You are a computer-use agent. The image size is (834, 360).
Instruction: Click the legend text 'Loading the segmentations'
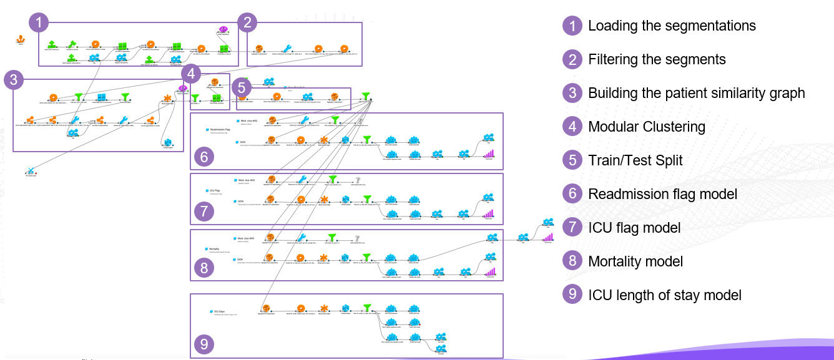tap(672, 26)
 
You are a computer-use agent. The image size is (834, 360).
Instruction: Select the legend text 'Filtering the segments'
tap(657, 59)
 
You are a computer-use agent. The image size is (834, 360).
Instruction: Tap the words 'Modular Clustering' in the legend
tap(647, 127)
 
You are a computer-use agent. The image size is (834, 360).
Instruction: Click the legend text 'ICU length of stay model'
tap(665, 294)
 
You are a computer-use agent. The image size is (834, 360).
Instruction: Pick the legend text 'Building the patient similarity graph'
tap(697, 93)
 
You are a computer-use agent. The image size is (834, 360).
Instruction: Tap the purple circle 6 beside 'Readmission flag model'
tap(571, 194)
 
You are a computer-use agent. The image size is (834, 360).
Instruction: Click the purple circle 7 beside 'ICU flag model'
tap(571, 228)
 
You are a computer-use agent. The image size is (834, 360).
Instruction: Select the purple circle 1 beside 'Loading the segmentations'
tap(571, 26)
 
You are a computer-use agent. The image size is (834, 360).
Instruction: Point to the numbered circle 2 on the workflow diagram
tap(248, 24)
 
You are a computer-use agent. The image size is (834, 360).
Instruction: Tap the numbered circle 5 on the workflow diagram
tap(241, 87)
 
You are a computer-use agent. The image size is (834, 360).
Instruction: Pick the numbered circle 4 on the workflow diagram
tap(191, 74)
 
